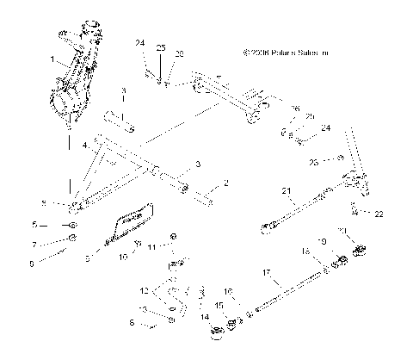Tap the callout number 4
pos(84,147)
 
